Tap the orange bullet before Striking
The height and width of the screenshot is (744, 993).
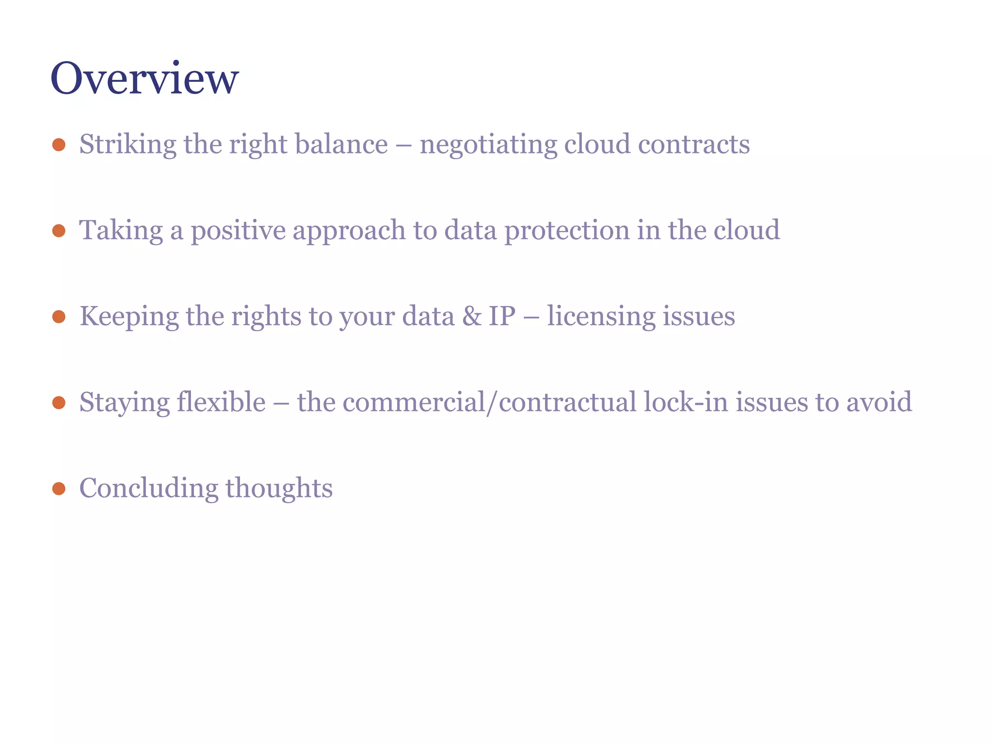(59, 144)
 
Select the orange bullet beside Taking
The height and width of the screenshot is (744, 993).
(59, 231)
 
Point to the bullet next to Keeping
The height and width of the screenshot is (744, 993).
(59, 317)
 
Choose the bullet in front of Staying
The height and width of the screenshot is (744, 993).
(59, 403)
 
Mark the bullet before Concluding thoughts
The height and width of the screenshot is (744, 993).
(59, 488)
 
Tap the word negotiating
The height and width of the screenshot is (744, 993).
(488, 144)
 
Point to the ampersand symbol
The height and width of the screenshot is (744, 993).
(472, 316)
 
